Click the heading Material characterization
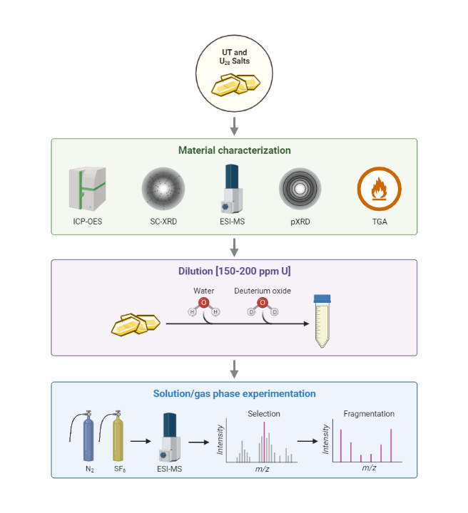tap(234, 150)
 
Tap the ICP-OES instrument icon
tap(86, 189)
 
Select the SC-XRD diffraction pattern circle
tap(163, 189)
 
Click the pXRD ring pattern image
tap(300, 189)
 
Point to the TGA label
tap(379, 221)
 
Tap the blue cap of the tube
tap(323, 299)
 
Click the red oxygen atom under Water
tap(204, 304)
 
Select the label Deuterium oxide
tap(262, 291)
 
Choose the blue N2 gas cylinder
tap(88, 440)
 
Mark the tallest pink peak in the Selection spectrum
tap(264, 442)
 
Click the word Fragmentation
tap(369, 413)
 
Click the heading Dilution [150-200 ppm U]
tap(234, 271)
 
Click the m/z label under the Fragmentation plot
tap(369, 468)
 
